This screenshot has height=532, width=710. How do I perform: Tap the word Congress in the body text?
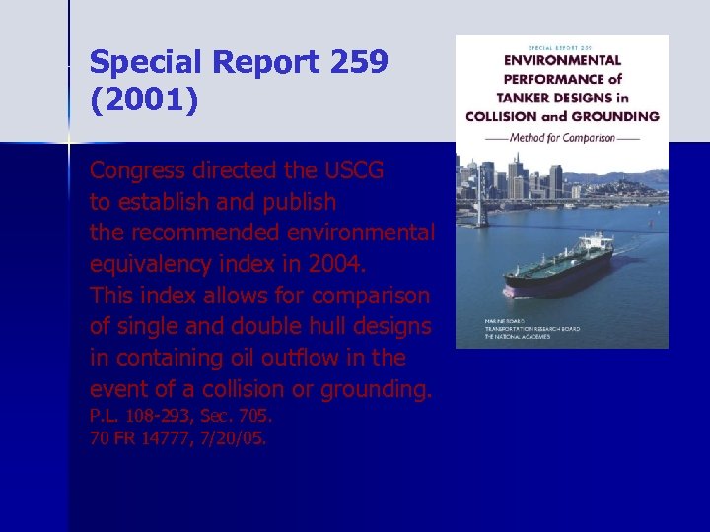click(x=136, y=170)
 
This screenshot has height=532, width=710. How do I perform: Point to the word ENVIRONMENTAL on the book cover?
click(x=562, y=60)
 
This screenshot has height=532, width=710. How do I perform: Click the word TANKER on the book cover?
click(x=519, y=97)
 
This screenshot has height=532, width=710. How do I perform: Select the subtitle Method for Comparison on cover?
click(x=562, y=137)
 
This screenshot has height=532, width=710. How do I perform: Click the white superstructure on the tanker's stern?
click(x=600, y=242)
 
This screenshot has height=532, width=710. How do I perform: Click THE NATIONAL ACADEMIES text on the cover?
click(x=521, y=337)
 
